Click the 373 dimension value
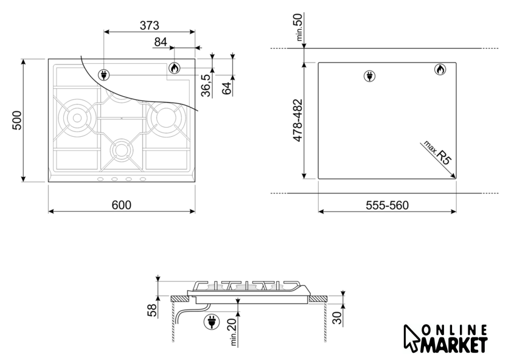point(150,26)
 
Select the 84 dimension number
point(161,42)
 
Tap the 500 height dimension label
point(17,120)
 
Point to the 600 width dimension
point(122,205)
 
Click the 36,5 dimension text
point(206,85)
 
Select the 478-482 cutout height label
point(298,120)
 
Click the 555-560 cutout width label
point(387,206)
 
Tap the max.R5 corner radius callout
point(437,153)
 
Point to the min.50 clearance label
point(299,27)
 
